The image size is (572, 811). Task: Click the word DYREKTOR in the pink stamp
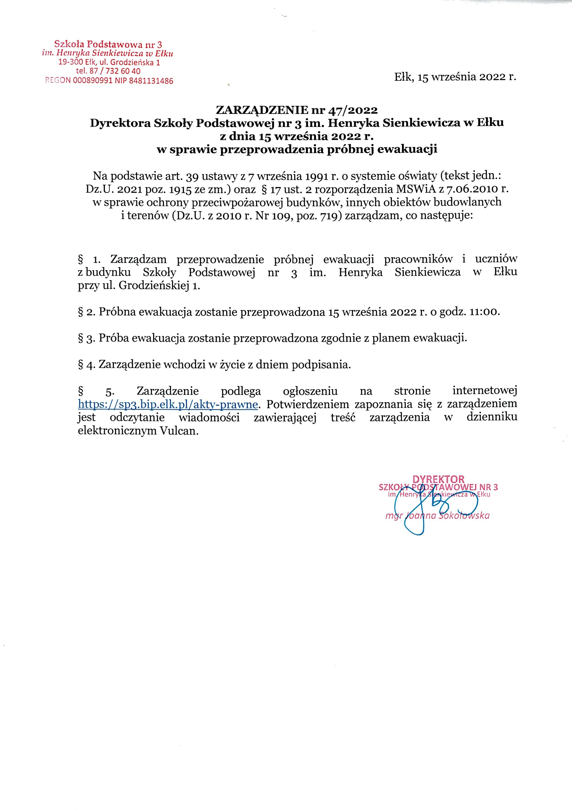click(438, 479)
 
